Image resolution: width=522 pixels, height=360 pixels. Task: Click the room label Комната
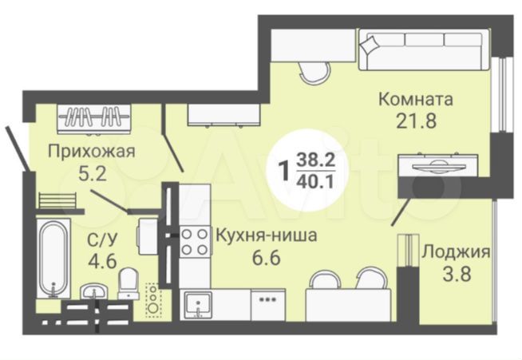tap(416, 99)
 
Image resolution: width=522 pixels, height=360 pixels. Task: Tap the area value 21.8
tap(416, 121)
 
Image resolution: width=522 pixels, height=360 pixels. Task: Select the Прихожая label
tap(92, 152)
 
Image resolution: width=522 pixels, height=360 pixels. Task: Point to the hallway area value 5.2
tap(93, 173)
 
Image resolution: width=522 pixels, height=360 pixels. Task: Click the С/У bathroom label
tap(102, 239)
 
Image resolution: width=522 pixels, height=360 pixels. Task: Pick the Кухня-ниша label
tap(267, 235)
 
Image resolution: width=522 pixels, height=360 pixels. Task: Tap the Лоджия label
tap(456, 251)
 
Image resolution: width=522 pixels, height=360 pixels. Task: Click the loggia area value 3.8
tap(457, 275)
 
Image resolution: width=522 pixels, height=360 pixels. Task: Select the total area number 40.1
tap(315, 182)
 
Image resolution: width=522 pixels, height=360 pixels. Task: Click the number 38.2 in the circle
tap(315, 160)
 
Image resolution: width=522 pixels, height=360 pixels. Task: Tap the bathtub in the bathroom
tap(53, 259)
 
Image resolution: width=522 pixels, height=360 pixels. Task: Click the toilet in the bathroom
tap(129, 283)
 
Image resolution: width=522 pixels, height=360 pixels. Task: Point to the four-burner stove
tap(195, 242)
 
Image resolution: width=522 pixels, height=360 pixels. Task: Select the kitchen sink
tap(199, 305)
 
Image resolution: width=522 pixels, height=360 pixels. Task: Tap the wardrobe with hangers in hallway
tap(94, 119)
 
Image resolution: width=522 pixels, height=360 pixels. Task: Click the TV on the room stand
tap(435, 166)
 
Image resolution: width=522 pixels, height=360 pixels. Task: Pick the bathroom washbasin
tap(94, 291)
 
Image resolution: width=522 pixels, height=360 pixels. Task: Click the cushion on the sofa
tap(370, 45)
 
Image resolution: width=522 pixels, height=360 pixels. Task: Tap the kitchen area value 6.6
tap(267, 258)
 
